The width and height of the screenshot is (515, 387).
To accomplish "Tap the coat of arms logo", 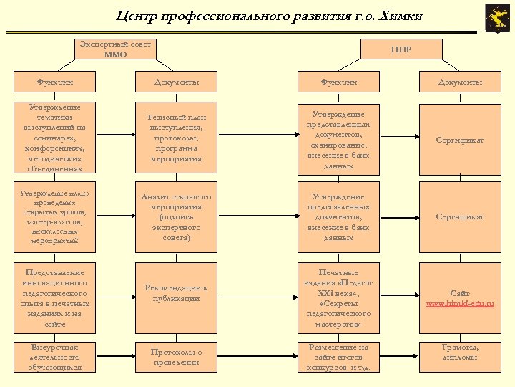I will click(x=495, y=17).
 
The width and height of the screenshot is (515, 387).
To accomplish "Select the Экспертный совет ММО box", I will click(x=115, y=49).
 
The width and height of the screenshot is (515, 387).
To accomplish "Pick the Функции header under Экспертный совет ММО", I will click(x=54, y=82).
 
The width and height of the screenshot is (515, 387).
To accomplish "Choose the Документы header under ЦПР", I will click(x=461, y=82).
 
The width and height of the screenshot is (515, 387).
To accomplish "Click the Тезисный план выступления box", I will click(x=176, y=139).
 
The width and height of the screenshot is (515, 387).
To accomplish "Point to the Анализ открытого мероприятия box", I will click(x=176, y=216).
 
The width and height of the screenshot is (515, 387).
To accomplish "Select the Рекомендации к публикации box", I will click(x=176, y=292).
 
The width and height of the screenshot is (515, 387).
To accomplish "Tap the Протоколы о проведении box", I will click(x=176, y=357).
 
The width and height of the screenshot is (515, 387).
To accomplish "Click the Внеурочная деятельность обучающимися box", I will click(x=54, y=357).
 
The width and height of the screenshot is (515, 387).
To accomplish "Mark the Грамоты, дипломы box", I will click(x=461, y=352).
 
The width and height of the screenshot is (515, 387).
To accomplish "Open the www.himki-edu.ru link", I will click(x=461, y=304).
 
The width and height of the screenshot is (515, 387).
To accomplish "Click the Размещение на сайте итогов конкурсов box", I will click(x=339, y=357).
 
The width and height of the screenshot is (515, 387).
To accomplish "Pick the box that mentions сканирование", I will click(x=339, y=139).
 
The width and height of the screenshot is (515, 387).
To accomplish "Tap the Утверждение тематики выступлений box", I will click(x=54, y=139).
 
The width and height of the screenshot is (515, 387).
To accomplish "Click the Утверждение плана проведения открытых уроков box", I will click(x=54, y=216).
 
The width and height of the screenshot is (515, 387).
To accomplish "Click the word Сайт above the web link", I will click(x=461, y=293).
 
